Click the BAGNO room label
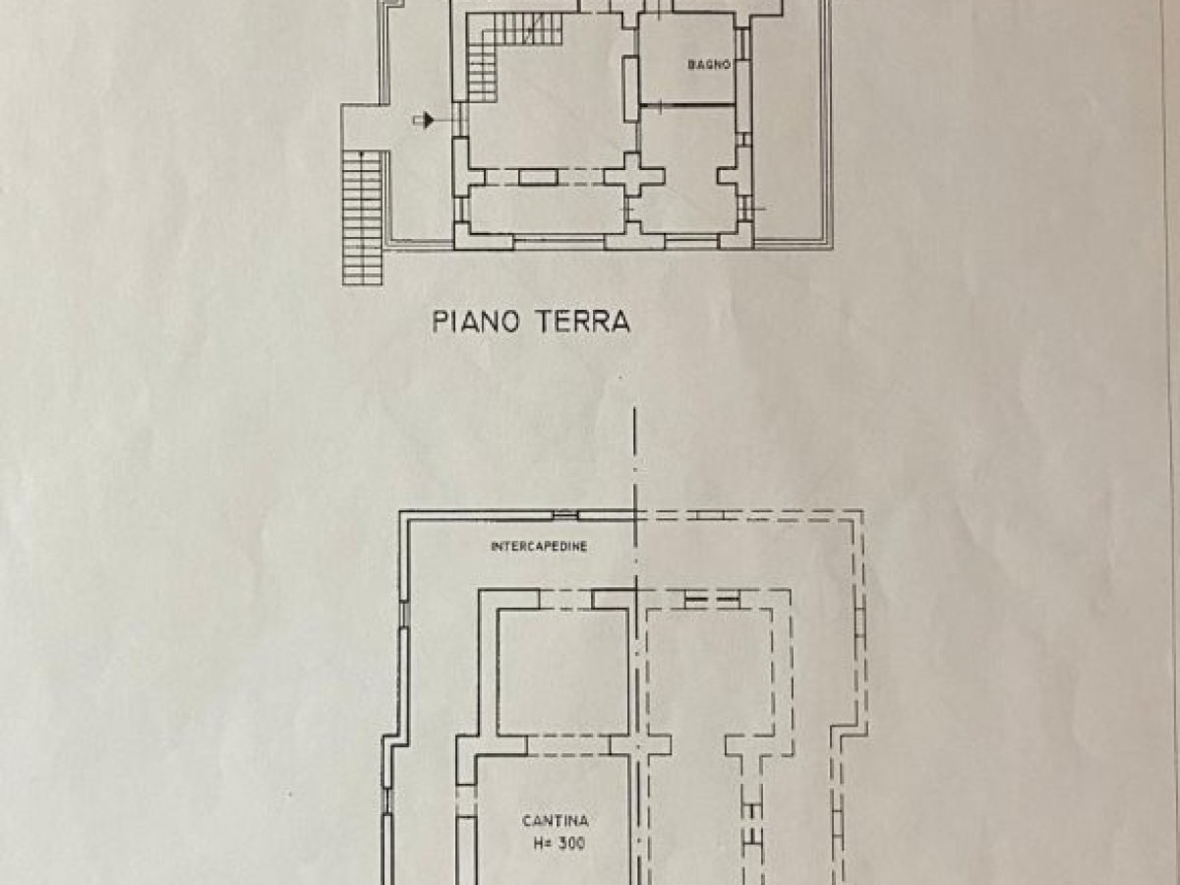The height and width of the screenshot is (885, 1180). (x=709, y=65)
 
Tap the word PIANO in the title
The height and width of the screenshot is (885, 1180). (x=476, y=322)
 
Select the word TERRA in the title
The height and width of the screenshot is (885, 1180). (x=584, y=322)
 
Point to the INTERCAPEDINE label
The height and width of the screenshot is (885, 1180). (x=539, y=547)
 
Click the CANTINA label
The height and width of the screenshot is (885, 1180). (x=556, y=821)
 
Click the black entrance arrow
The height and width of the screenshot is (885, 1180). (x=424, y=120)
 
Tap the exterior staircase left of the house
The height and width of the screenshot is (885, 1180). (x=362, y=217)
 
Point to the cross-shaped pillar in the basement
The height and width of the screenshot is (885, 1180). (x=640, y=745)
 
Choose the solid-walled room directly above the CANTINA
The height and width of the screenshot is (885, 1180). (x=562, y=672)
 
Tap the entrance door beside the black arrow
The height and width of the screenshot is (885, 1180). (x=460, y=119)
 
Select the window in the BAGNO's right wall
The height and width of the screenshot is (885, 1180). (x=743, y=43)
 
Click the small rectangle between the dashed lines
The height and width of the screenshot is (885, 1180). (x=538, y=177)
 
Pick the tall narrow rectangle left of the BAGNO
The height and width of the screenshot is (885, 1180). (x=631, y=88)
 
